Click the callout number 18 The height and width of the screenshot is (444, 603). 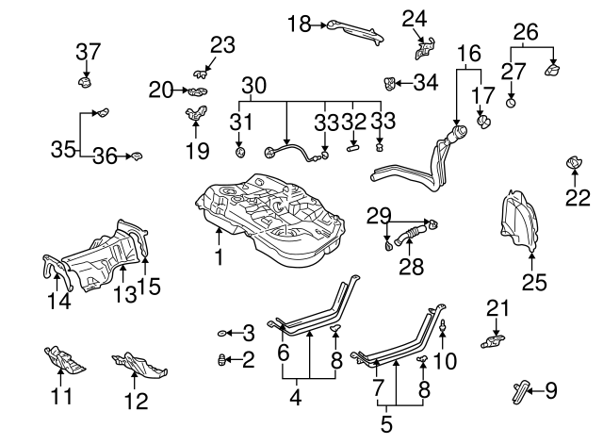299,25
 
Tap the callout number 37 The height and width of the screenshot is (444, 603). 87,50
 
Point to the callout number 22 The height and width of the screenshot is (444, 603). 577,197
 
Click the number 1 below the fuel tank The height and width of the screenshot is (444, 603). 218,256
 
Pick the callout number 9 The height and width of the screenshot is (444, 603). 551,387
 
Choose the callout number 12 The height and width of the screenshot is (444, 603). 136,399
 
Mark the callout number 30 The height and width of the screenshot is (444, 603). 253,85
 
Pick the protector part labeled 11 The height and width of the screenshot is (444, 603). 63,359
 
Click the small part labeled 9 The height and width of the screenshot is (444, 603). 523,387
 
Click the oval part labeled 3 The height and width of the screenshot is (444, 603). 223,333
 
